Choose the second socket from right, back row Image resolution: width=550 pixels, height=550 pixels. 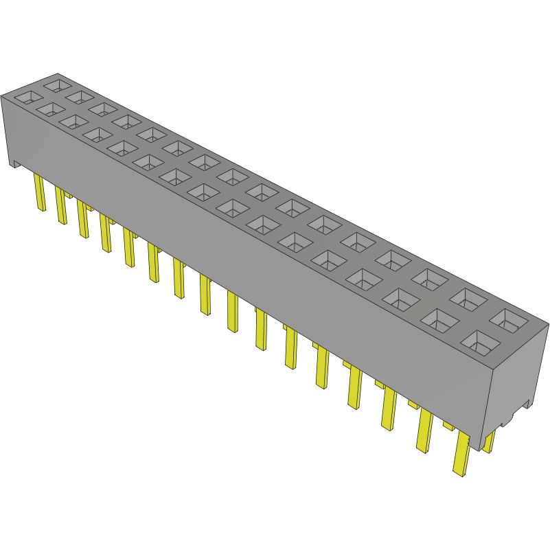470,298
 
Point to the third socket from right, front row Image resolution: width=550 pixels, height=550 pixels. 398,298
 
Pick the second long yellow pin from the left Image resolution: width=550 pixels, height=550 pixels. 61,206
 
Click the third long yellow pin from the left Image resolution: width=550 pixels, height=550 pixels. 83,220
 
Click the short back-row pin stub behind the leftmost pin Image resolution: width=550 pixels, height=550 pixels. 68,195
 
